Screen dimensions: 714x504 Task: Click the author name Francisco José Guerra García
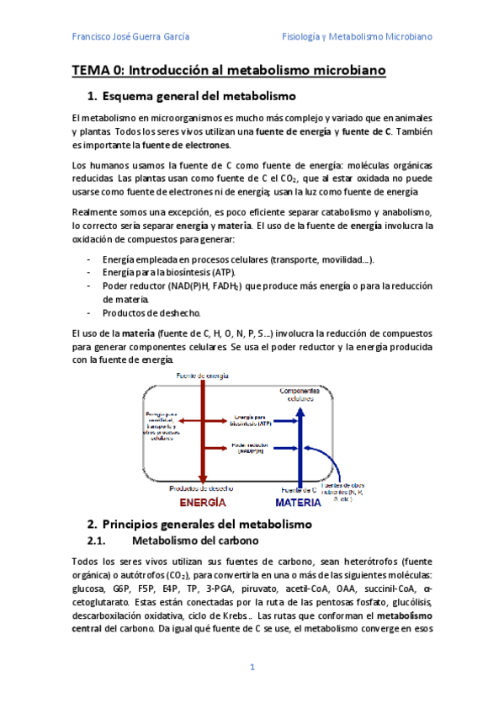[130, 37]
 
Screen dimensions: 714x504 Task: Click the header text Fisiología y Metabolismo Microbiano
[356, 37]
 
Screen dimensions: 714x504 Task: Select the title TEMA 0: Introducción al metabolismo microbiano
[228, 72]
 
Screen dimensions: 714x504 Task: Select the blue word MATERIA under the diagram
[298, 503]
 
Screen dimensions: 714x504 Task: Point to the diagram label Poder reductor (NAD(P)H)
[250, 449]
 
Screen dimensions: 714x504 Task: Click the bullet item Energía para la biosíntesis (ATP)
[168, 273]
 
